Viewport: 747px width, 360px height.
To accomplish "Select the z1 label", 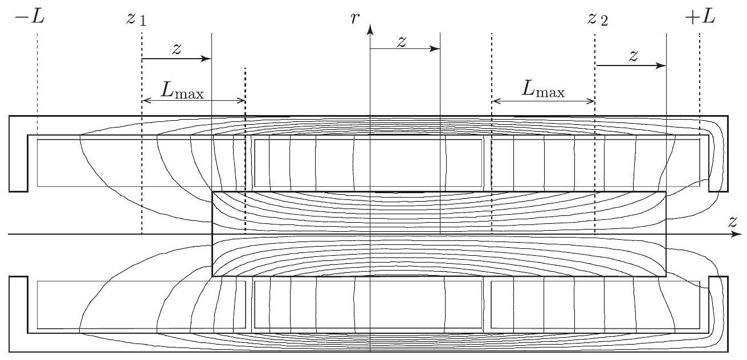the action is [x=136, y=19].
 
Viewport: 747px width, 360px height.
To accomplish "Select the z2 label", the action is [x=598, y=19].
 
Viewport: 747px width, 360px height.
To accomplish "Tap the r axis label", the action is [x=355, y=18].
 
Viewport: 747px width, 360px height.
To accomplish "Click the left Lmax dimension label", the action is [x=182, y=91].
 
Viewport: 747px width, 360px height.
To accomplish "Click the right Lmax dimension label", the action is [x=544, y=89].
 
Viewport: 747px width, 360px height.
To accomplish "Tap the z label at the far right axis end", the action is [x=732, y=222].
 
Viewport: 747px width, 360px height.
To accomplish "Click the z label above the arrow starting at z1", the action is [x=177, y=48].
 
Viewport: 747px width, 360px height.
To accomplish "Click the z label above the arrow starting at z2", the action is [x=633, y=56].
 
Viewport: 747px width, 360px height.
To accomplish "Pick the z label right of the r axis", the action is [x=402, y=42].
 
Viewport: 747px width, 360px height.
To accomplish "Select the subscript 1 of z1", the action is [x=142, y=22].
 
